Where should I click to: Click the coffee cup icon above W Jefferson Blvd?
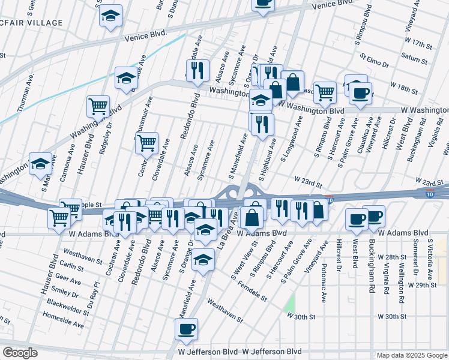[185, 328]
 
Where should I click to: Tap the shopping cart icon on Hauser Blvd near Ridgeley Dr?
[98, 106]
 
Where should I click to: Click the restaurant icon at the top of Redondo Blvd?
[197, 70]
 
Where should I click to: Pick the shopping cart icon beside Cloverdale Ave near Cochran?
[146, 143]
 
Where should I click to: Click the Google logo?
[19, 353]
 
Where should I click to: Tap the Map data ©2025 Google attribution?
[412, 355]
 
